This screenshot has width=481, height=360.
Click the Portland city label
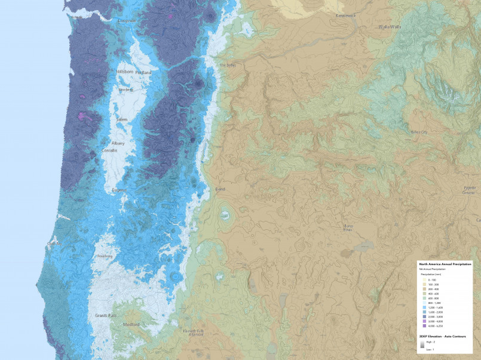click(143, 73)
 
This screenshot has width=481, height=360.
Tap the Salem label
click(122, 119)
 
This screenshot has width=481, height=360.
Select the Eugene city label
click(119, 190)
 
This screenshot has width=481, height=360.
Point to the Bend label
click(220, 189)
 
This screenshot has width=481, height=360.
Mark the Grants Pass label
click(105, 315)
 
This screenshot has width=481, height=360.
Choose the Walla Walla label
click(389, 27)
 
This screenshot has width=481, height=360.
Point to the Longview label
click(127, 21)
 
